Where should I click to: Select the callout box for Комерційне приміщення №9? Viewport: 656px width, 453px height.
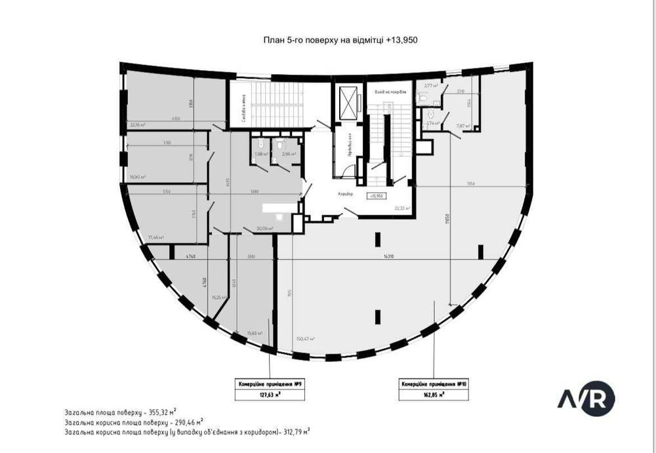[x=269, y=389]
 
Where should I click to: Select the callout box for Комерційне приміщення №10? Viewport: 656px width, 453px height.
[x=433, y=389]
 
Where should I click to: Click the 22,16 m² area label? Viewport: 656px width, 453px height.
[x=137, y=124]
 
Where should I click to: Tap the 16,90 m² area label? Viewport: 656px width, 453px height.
[x=137, y=177]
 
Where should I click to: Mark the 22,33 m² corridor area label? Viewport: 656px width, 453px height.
[x=401, y=208]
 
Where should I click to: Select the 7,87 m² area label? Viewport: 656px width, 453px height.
[x=463, y=126]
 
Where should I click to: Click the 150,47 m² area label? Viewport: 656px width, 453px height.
[x=305, y=339]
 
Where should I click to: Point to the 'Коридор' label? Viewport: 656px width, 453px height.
[x=346, y=195]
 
